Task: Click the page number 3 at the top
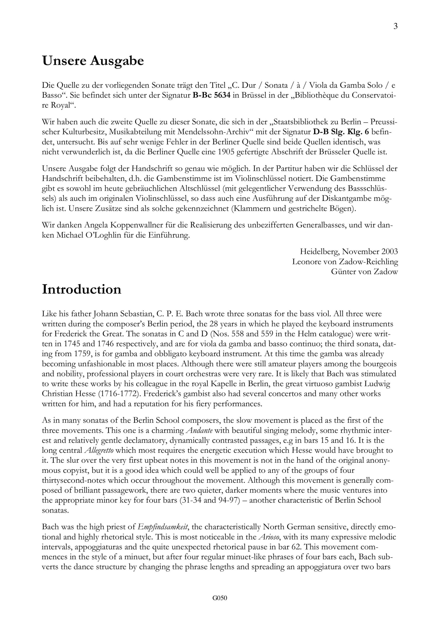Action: (x=395, y=27)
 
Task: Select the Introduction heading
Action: (x=81, y=290)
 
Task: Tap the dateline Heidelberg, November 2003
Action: (x=349, y=252)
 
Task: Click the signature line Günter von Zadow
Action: (x=364, y=272)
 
